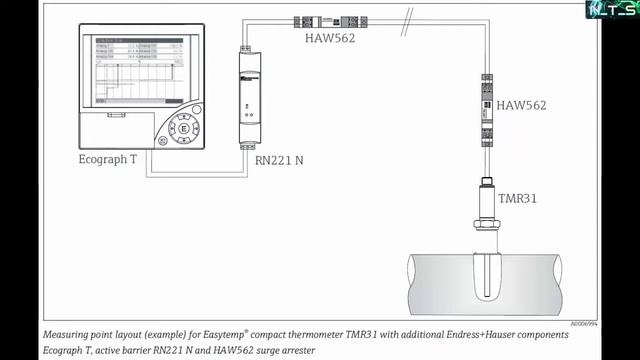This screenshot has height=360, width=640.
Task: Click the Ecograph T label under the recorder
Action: (x=108, y=160)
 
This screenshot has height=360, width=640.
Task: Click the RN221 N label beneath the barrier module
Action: (x=279, y=160)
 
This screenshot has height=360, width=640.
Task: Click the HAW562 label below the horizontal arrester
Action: (x=331, y=39)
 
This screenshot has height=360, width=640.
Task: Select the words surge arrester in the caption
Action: (x=282, y=351)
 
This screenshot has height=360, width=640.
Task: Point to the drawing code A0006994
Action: (x=585, y=324)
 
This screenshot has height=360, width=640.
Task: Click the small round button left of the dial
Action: (x=162, y=141)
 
